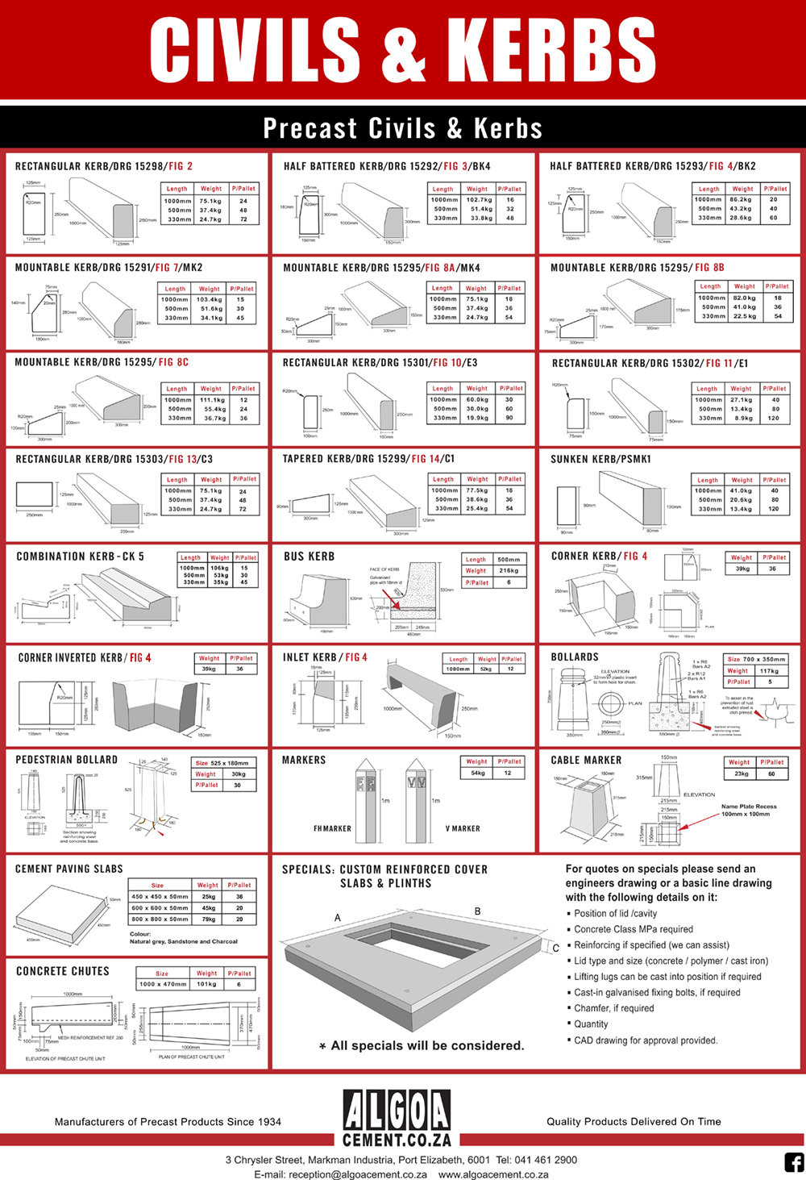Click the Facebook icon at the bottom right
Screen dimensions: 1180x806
794,1162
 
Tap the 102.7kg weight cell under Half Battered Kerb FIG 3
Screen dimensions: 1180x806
479,199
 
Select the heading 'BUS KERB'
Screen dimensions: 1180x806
309,557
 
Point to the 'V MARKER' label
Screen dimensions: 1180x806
463,828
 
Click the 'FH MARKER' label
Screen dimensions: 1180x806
332,828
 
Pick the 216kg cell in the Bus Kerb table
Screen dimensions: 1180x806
509,570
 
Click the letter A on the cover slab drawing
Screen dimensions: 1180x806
338,918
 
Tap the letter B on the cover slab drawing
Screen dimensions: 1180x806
477,911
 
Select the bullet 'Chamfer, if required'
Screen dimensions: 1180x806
613,1008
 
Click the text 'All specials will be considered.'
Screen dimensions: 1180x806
427,1045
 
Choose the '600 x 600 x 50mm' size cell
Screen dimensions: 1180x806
160,907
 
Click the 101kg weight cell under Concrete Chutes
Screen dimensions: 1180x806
206,984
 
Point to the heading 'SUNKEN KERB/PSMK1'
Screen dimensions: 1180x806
600,459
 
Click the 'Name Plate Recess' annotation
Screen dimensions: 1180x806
749,807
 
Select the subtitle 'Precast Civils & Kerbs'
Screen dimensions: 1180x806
402,128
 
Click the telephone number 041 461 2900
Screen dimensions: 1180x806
548,1160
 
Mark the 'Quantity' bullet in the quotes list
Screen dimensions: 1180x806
591,1024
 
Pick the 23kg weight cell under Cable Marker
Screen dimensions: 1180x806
741,773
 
